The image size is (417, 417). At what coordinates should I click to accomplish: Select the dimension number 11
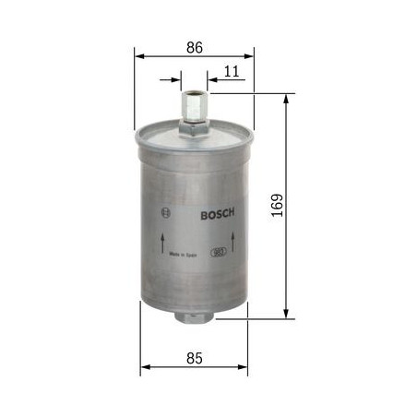tap(231, 70)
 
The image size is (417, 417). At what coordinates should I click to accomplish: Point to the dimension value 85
tap(195, 355)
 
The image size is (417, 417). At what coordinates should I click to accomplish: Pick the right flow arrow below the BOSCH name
tap(234, 242)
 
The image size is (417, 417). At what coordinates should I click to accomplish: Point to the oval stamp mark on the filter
tap(220, 250)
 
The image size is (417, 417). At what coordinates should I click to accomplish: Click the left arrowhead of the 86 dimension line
tap(139, 54)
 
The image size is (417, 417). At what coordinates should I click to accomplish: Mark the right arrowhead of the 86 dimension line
tap(249, 54)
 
